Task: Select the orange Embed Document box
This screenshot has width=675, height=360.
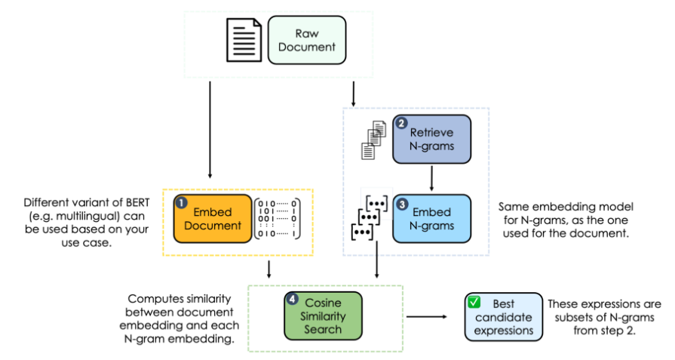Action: click(212, 219)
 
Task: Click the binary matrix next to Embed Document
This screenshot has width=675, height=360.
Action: click(277, 219)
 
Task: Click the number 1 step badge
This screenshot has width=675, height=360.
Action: click(181, 203)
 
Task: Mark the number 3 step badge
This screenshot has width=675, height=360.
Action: click(401, 202)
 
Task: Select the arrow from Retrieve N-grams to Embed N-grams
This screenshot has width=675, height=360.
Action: click(431, 179)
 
